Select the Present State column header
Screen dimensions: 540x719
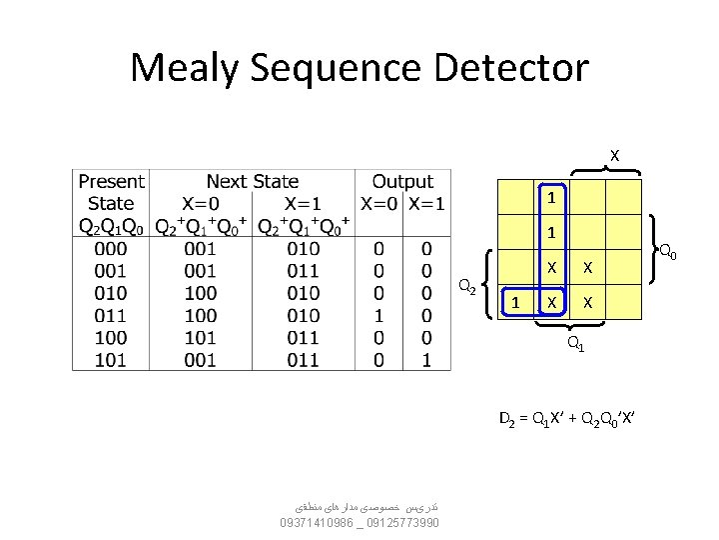[111, 192]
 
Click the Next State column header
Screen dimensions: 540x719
[252, 181]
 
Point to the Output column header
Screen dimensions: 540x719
[402, 181]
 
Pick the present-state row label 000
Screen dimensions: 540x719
[110, 249]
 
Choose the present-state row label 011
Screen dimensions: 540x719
[110, 315]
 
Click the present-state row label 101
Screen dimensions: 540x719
[110, 359]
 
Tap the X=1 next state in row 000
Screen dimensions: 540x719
[303, 249]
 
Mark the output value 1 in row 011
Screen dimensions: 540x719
[378, 315]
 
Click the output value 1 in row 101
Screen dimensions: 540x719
[426, 359]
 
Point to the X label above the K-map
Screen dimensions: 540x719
[614, 155]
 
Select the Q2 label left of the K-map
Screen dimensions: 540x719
[465, 287]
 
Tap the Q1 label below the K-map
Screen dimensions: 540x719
[576, 345]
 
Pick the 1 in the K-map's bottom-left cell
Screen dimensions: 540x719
[514, 301]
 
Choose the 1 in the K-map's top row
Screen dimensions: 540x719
[549, 197]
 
